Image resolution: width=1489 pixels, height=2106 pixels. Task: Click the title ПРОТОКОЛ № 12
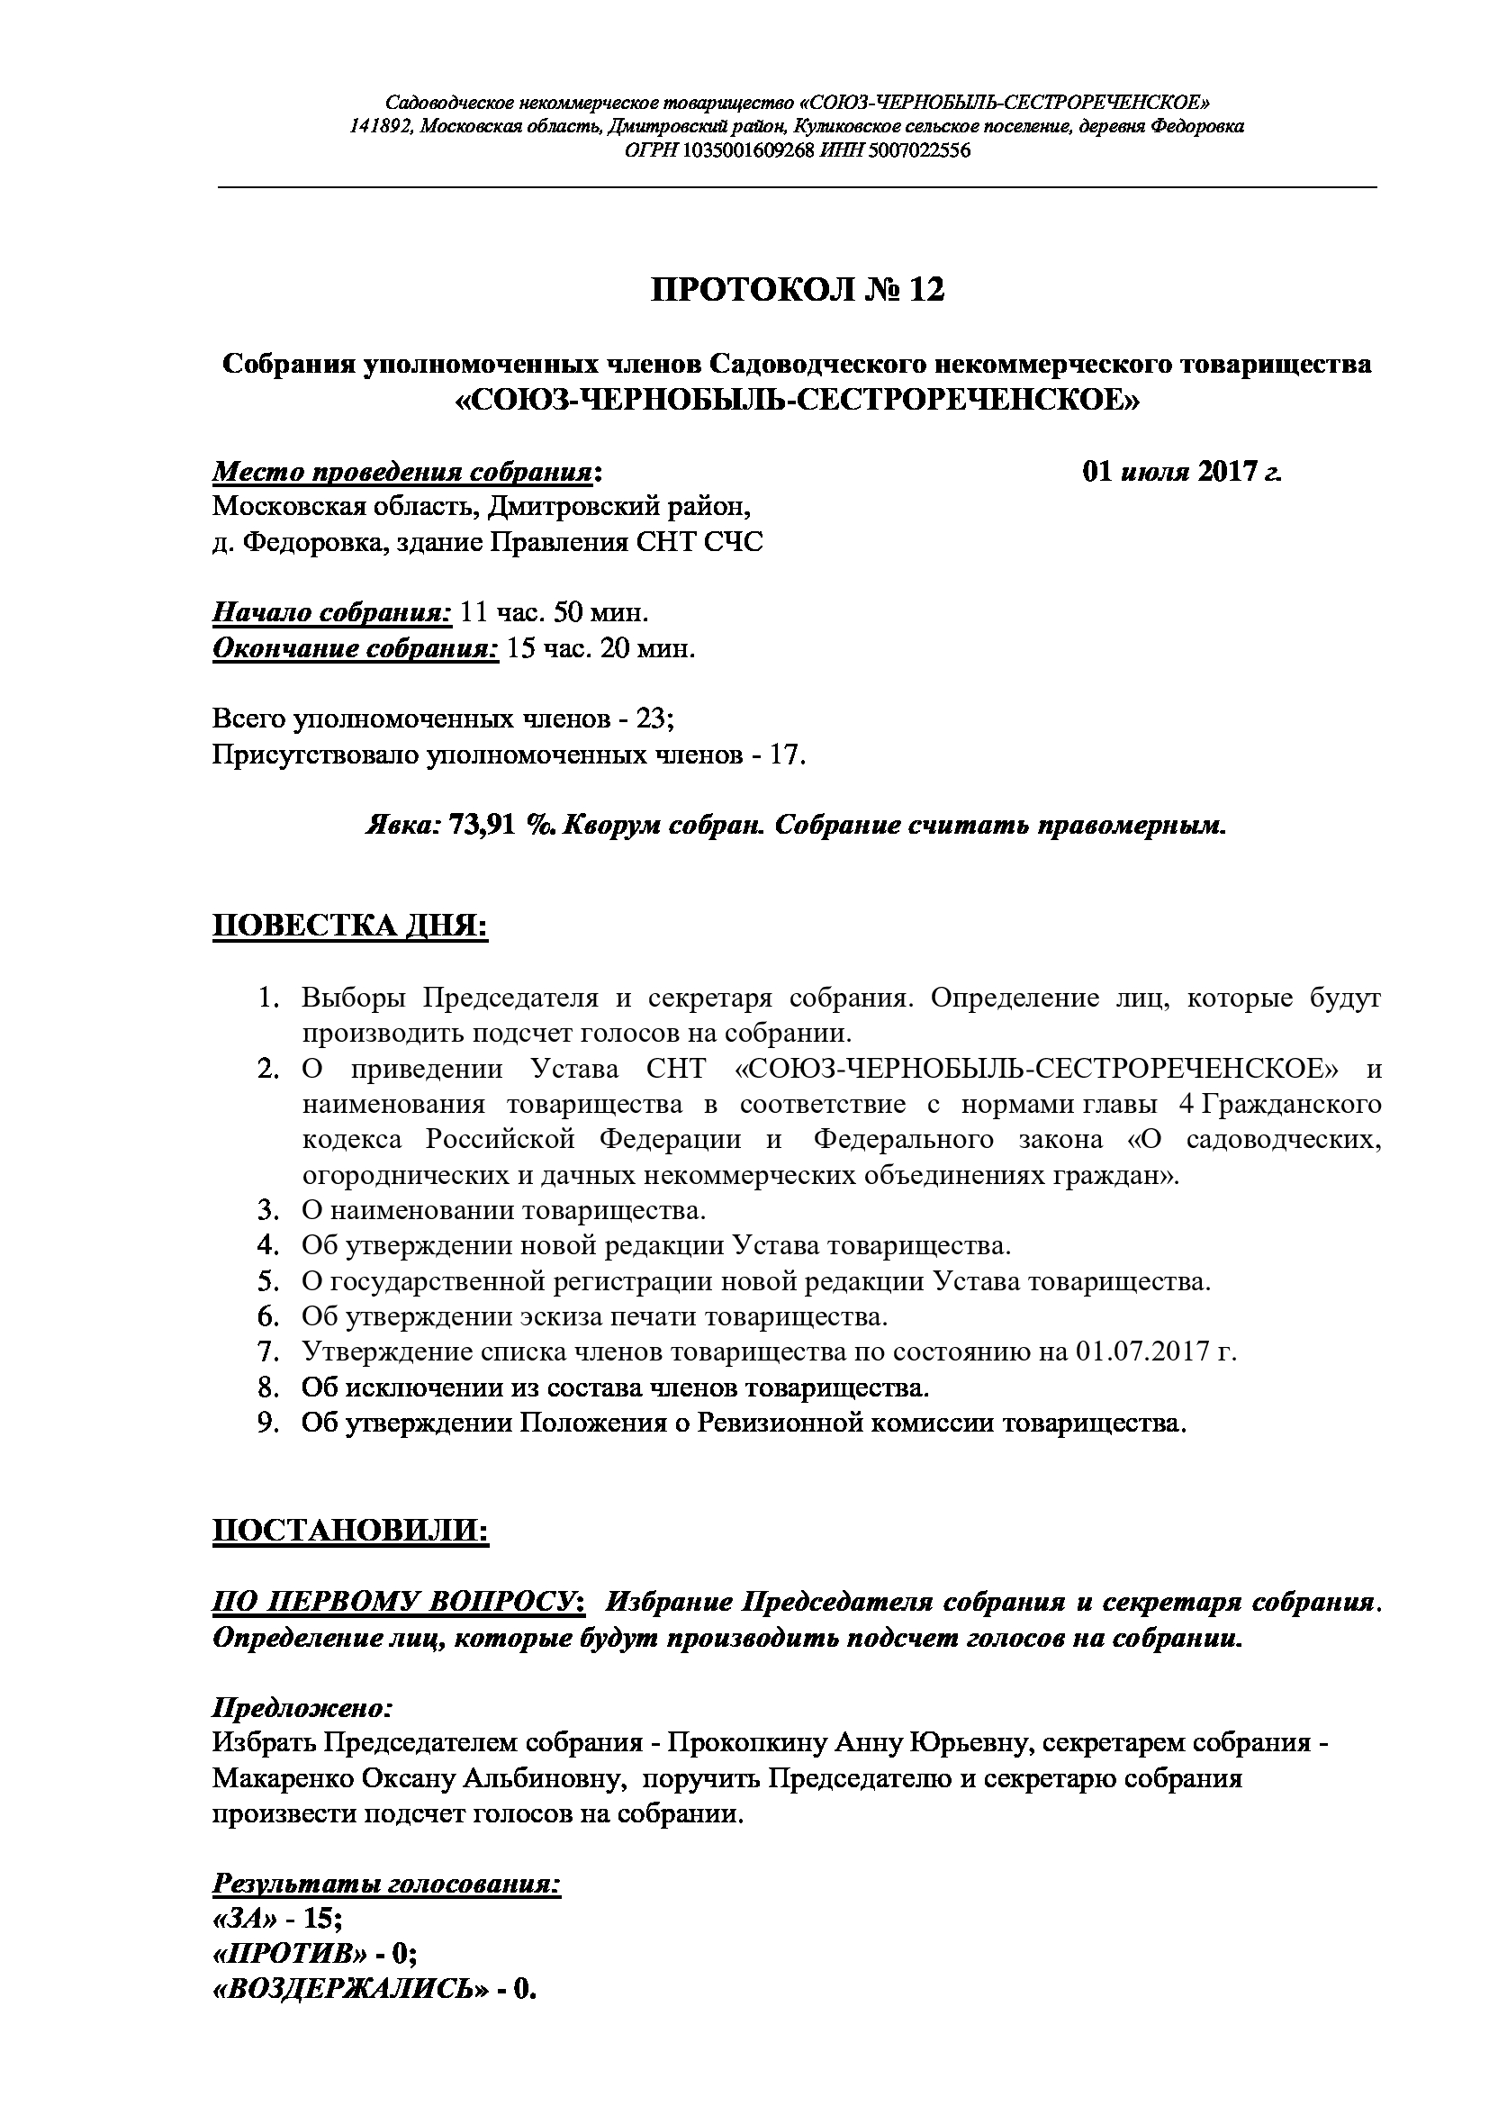pos(797,290)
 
